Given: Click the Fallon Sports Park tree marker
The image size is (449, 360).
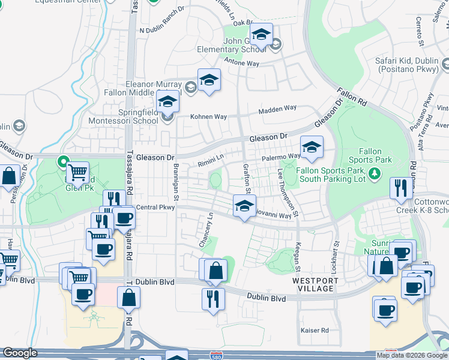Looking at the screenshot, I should pos(375,173).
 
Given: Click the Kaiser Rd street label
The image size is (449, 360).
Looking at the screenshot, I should pos(315,331).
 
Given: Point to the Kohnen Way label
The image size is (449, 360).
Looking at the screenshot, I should pos(206,117).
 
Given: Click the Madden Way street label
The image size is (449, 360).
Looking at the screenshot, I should pos(277,109).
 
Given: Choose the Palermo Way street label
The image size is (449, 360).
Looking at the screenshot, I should pos(281,157).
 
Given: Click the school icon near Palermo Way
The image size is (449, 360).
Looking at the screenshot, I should pos(312,148).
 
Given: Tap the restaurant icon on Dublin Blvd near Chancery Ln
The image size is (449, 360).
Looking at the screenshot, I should pos(213,298).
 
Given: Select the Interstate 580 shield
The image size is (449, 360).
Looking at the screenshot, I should pos(219,356).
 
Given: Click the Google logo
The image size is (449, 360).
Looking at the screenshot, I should pos(20,353).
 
